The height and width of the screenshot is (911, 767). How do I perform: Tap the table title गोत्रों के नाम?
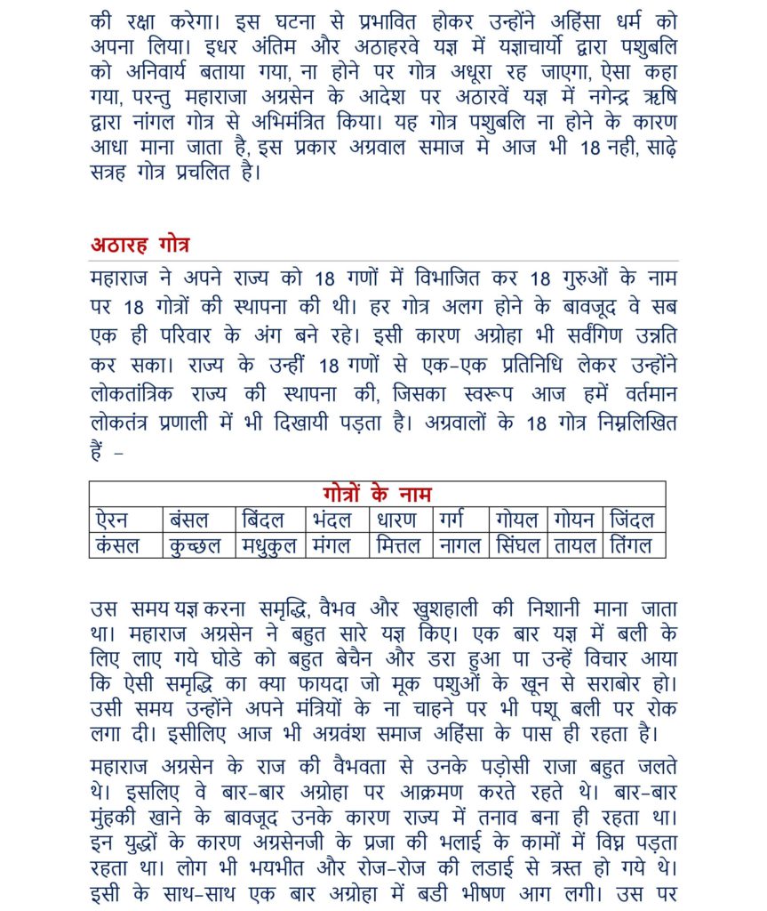click(x=377, y=494)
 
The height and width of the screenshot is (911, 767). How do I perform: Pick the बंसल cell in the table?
click(x=189, y=520)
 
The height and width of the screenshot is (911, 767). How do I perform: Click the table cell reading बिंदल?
click(x=264, y=520)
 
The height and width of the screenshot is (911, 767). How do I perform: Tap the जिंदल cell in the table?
click(x=632, y=520)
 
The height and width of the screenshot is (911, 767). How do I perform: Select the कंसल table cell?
click(x=120, y=545)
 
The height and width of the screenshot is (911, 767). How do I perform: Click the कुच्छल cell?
click(x=195, y=545)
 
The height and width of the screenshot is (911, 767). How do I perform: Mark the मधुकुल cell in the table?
click(x=270, y=545)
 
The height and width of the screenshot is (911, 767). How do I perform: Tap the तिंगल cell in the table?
click(x=632, y=545)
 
